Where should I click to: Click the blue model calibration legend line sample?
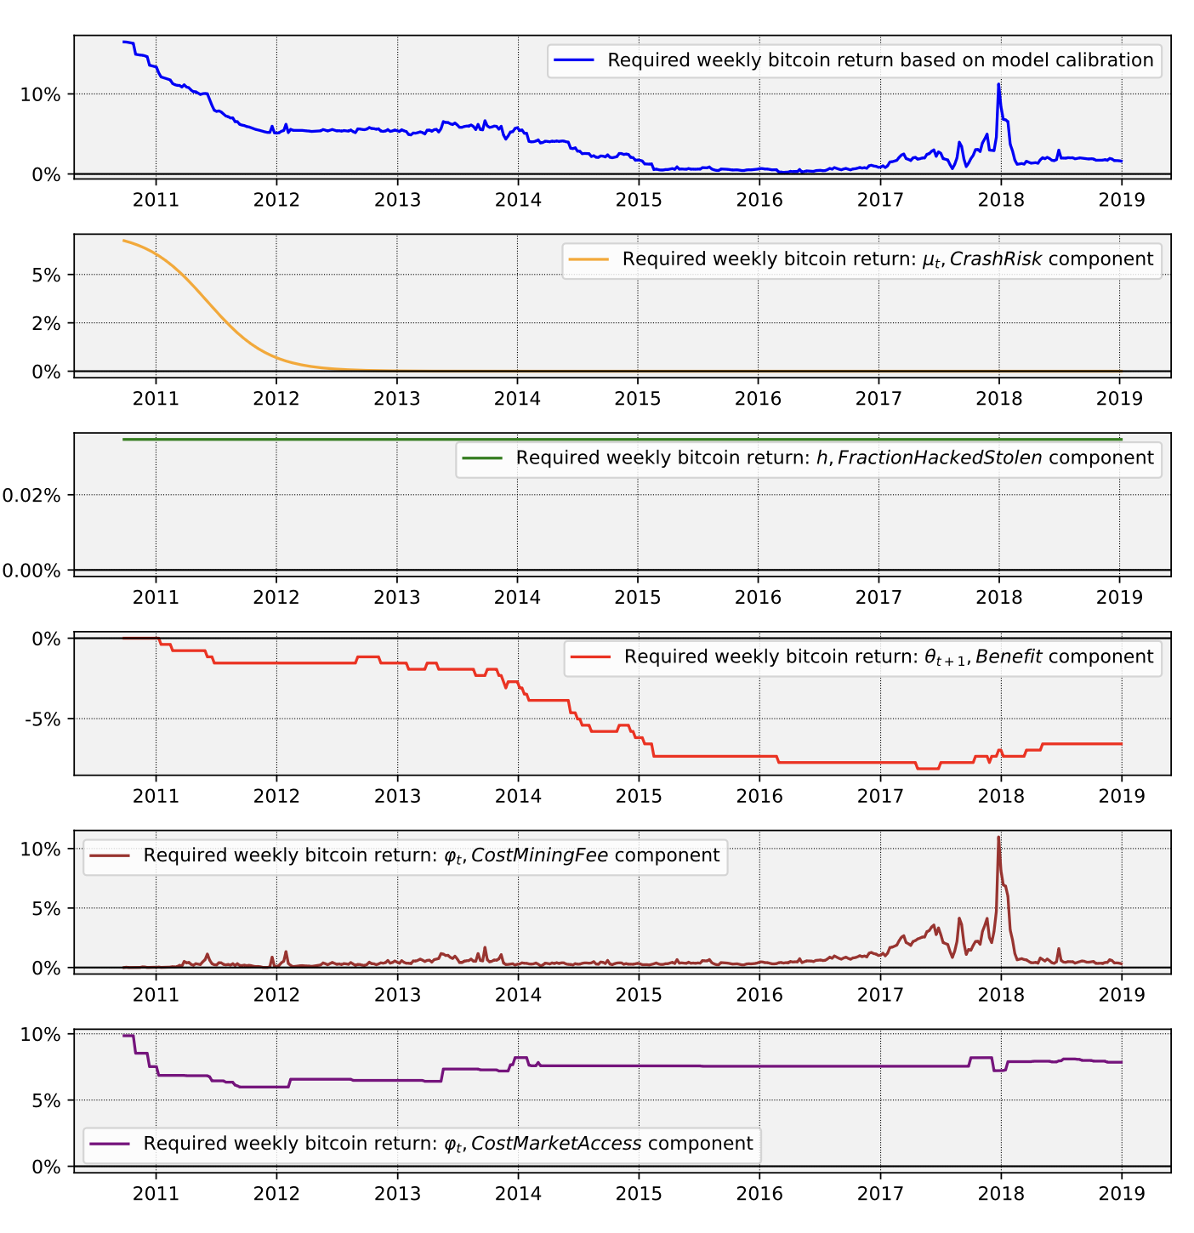pyautogui.click(x=574, y=60)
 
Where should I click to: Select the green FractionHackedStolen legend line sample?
pyautogui.click(x=482, y=458)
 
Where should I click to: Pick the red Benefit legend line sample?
pyautogui.click(x=590, y=657)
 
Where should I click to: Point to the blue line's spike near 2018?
pyautogui.click(x=998, y=84)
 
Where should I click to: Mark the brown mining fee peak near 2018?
pyautogui.click(x=998, y=838)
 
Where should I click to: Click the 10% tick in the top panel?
pyautogui.click(x=40, y=94)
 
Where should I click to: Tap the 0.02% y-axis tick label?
pyautogui.click(x=31, y=495)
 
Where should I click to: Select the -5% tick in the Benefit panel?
pyautogui.click(x=43, y=719)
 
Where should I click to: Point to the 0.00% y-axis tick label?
pyautogui.click(x=31, y=571)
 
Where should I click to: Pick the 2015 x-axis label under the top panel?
pyautogui.click(x=638, y=200)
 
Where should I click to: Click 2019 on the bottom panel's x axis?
pyautogui.click(x=1120, y=1193)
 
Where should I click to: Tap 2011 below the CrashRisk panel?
pyautogui.click(x=156, y=398)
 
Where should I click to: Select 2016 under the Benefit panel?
pyautogui.click(x=759, y=796)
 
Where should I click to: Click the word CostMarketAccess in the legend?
pyautogui.click(x=556, y=1144)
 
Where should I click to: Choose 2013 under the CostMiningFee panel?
pyautogui.click(x=397, y=994)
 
